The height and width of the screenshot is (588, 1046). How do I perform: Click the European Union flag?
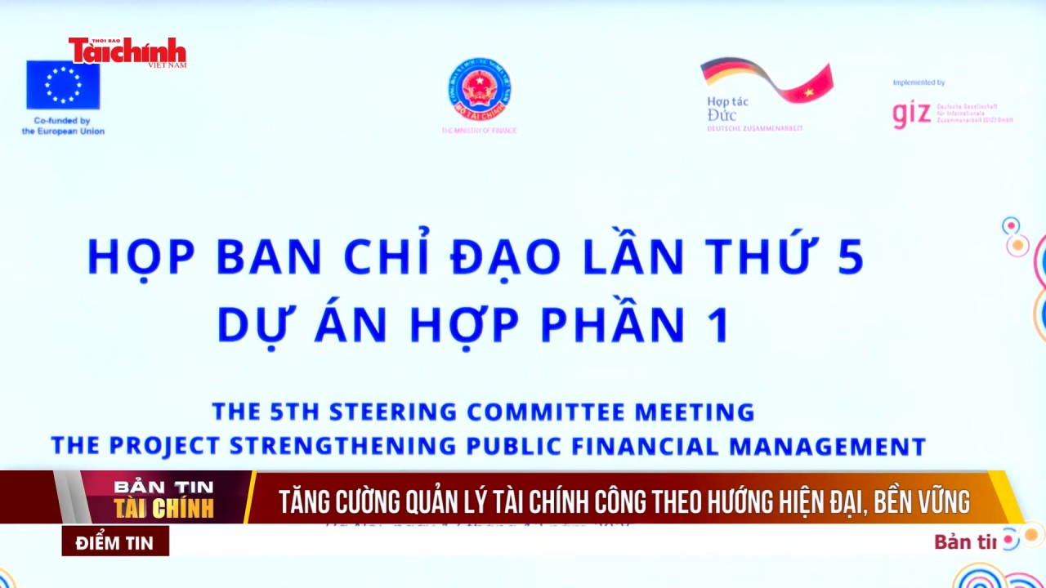click(x=63, y=85)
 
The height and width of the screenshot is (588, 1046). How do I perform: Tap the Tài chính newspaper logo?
click(x=127, y=51)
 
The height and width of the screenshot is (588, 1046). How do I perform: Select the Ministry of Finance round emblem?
click(x=479, y=89)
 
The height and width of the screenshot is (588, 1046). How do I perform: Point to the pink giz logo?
click(x=911, y=114)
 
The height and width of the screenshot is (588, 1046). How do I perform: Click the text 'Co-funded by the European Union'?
click(x=63, y=126)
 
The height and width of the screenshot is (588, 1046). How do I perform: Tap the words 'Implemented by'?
click(x=919, y=82)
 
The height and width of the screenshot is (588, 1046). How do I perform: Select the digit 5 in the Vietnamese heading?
click(x=850, y=256)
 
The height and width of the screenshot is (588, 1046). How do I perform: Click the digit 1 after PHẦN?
click(x=718, y=324)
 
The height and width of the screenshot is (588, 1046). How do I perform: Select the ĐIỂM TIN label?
click(x=115, y=541)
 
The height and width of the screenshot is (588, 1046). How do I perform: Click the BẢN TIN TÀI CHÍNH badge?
click(x=163, y=498)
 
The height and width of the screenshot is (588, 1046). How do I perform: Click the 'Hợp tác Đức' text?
click(x=727, y=109)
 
